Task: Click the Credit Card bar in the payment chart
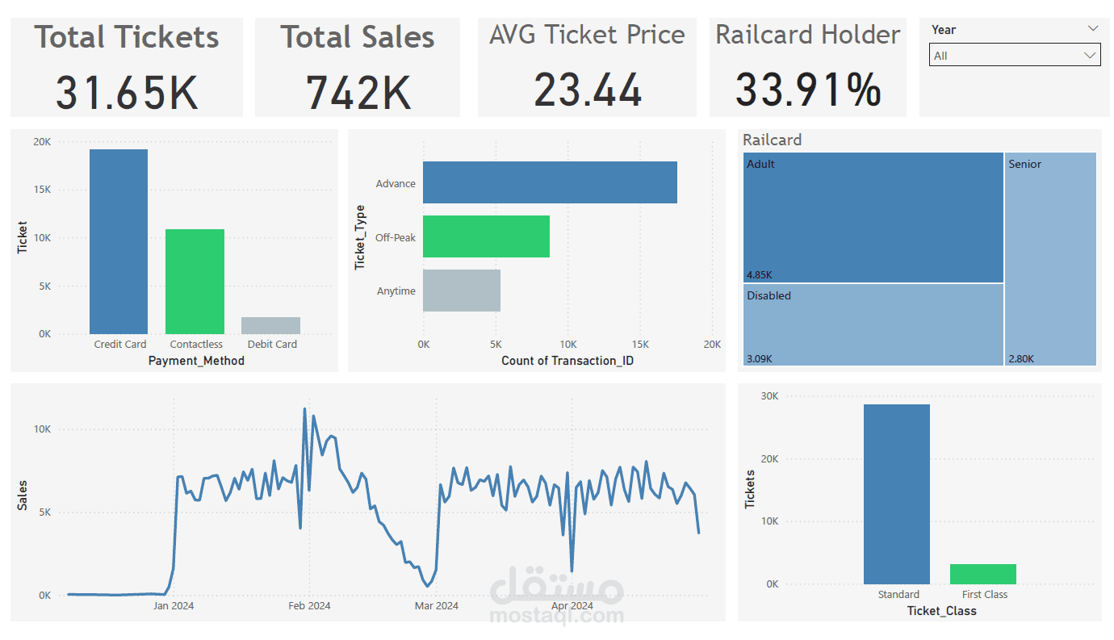(x=119, y=241)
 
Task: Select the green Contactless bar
(x=195, y=282)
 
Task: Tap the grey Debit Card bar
(x=270, y=325)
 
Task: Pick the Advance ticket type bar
(x=550, y=182)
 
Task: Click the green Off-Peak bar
(x=486, y=236)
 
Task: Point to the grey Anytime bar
(x=462, y=291)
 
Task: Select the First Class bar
(x=982, y=574)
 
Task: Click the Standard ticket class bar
(x=896, y=494)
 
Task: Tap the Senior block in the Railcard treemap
(x=1050, y=258)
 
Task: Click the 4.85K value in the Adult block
(x=760, y=275)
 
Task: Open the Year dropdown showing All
(x=1014, y=56)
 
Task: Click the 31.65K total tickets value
(x=127, y=91)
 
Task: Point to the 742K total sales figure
(x=358, y=91)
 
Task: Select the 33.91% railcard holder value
(x=808, y=90)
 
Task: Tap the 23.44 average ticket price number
(x=588, y=90)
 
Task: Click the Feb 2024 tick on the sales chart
(x=309, y=605)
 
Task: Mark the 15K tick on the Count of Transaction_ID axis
(x=640, y=344)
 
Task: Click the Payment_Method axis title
(x=196, y=361)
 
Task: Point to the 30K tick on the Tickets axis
(x=769, y=396)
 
